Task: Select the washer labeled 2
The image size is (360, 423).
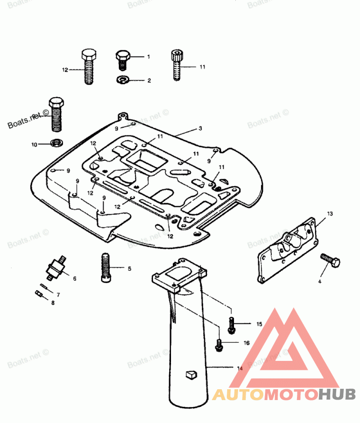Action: pyautogui.click(x=122, y=80)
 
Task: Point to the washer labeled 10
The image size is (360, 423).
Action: pyautogui.click(x=57, y=144)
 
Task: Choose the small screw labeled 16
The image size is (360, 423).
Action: pyautogui.click(x=219, y=344)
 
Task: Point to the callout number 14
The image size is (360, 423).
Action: pyautogui.click(x=240, y=368)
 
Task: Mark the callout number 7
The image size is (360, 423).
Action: pyautogui.click(x=58, y=294)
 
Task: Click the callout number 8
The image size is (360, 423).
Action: pyautogui.click(x=53, y=303)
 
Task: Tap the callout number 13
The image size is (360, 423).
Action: pyautogui.click(x=330, y=213)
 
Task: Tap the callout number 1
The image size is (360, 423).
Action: pyautogui.click(x=148, y=57)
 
